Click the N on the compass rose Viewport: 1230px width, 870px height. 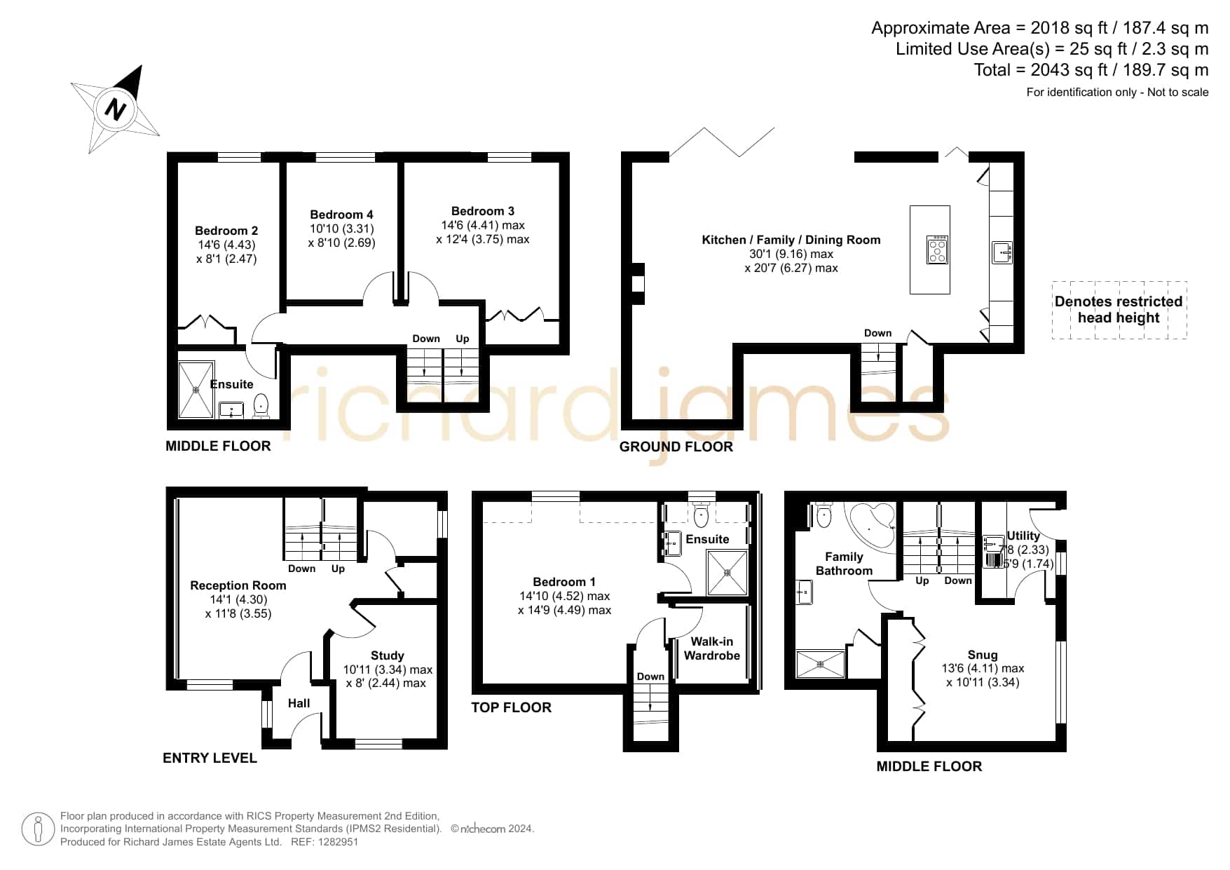click(116, 109)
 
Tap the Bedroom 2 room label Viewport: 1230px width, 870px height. click(226, 231)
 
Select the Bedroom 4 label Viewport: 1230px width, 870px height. click(341, 215)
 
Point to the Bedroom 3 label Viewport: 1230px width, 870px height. click(483, 211)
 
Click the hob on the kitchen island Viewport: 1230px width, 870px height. click(938, 249)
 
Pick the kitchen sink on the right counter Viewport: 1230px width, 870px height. click(1002, 252)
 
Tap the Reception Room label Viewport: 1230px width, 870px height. click(238, 585)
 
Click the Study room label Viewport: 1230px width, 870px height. click(388, 655)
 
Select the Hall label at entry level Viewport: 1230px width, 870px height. click(299, 703)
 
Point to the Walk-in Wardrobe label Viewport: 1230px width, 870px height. click(712, 648)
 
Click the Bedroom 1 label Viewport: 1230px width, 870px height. click(564, 582)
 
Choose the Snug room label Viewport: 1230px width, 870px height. click(983, 655)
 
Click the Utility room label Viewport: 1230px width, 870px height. click(1023, 536)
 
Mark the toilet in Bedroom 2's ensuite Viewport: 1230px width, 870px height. click(261, 406)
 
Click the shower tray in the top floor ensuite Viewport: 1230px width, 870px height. click(727, 573)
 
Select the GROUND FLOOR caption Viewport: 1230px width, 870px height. click(676, 447)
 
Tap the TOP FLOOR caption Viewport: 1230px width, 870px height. click(511, 707)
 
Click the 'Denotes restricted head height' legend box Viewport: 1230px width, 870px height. click(1119, 310)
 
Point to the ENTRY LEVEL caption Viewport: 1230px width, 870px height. click(210, 758)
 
